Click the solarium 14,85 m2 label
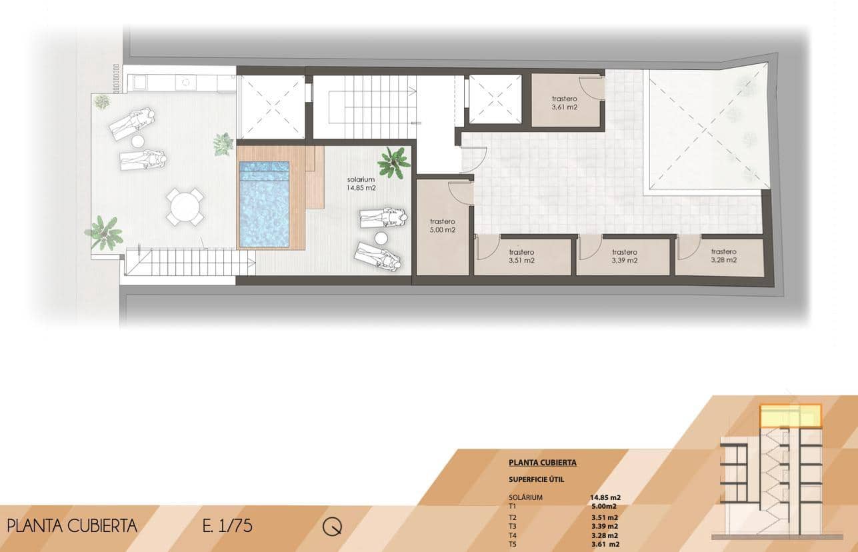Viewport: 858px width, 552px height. (362, 184)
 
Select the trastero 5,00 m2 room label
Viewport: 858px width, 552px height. (442, 225)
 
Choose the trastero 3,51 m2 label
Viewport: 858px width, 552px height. (521, 256)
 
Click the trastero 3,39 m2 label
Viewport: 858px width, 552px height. (624, 256)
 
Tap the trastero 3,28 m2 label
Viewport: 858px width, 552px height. (723, 256)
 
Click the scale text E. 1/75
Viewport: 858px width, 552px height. (227, 525)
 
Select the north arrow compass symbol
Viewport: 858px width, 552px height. (332, 526)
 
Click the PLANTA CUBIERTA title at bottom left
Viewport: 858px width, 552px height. (72, 525)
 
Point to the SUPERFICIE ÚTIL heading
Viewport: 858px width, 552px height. (537, 479)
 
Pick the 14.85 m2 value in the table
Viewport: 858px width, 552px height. (605, 497)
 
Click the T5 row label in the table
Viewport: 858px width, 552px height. (513, 544)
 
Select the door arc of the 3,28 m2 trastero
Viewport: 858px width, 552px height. (687, 247)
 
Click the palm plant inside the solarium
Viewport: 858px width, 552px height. (393, 161)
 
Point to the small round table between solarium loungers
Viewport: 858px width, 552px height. (381, 238)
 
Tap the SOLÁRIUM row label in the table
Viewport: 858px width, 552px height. (525, 497)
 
